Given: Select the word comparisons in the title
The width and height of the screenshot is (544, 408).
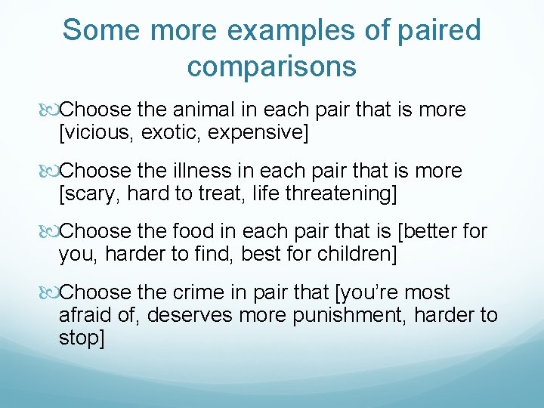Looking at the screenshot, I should [x=271, y=66].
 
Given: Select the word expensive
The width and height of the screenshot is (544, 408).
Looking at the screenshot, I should [x=253, y=133].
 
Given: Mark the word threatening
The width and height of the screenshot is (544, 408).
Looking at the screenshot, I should [x=335, y=193].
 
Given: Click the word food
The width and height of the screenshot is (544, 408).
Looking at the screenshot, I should [x=200, y=231].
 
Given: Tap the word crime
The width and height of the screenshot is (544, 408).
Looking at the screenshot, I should [x=205, y=292].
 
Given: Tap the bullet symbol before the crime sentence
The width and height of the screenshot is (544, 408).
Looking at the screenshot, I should [x=48, y=293].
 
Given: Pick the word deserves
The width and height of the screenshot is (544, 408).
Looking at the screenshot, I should [x=190, y=314].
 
